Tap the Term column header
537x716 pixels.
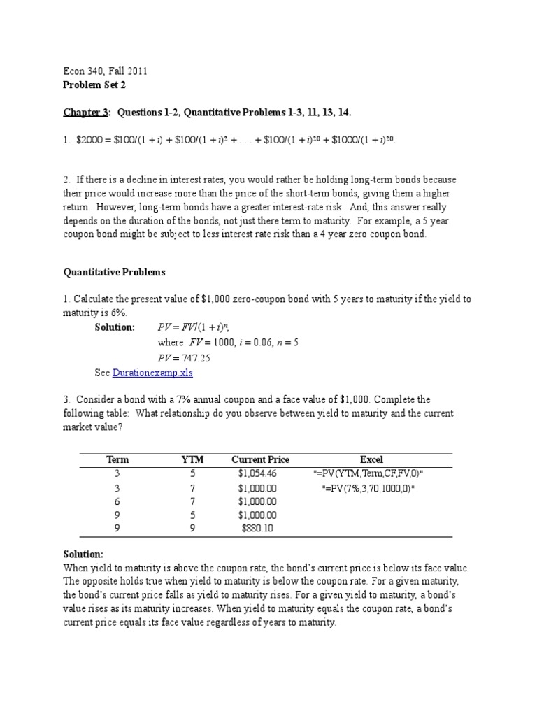pos(117,459)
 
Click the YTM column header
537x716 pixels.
pos(192,459)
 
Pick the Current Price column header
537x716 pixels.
pos(260,459)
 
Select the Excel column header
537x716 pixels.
pos(371,459)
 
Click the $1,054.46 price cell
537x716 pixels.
pos(258,473)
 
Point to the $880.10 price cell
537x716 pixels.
pos(258,528)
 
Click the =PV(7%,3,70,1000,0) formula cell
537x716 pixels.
pos(368,487)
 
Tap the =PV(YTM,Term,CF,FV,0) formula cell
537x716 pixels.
pos(368,473)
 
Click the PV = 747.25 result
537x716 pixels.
pos(184,358)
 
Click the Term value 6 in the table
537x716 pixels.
pos(117,501)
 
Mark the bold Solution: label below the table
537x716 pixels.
pos(83,553)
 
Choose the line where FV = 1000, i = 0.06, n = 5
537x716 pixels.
pos(228,343)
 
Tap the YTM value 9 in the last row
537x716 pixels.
pos(192,528)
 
